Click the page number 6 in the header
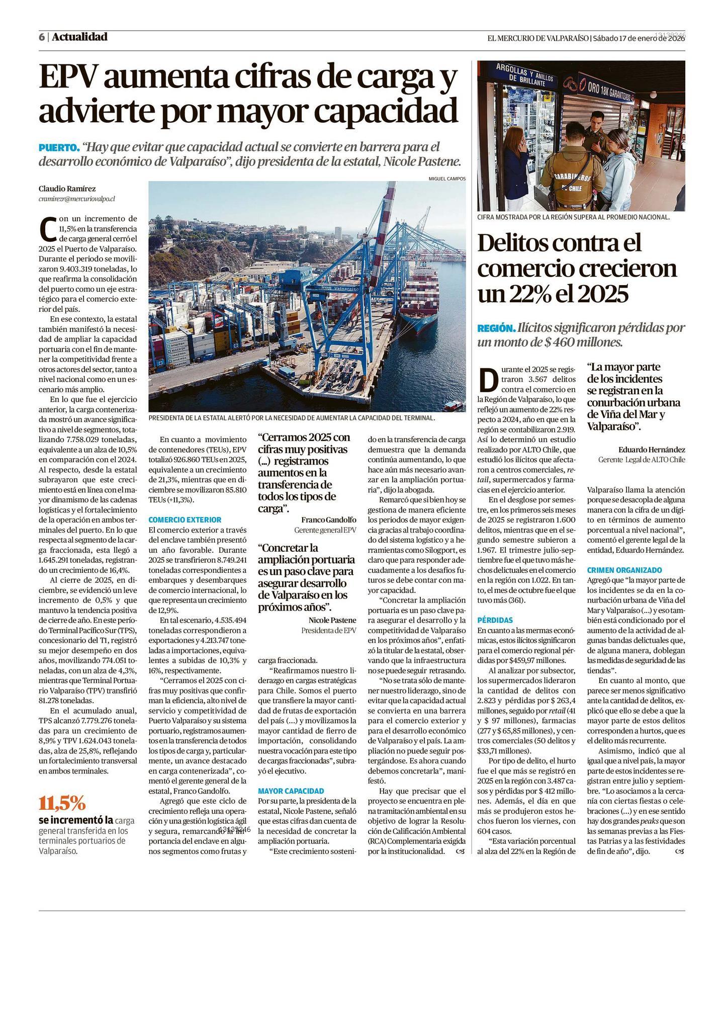click(x=42, y=37)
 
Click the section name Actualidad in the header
click(x=79, y=37)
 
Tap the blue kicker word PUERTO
click(x=59, y=148)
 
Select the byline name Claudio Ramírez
click(x=67, y=189)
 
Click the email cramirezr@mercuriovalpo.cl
click(x=76, y=199)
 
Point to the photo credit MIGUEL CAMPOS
click(x=447, y=179)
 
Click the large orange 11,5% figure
click(x=62, y=804)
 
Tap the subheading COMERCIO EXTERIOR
click(x=185, y=520)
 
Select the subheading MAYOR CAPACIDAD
click(x=291, y=791)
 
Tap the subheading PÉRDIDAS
click(x=495, y=620)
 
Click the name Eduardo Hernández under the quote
click(x=651, y=450)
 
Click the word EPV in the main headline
click(x=68, y=78)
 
